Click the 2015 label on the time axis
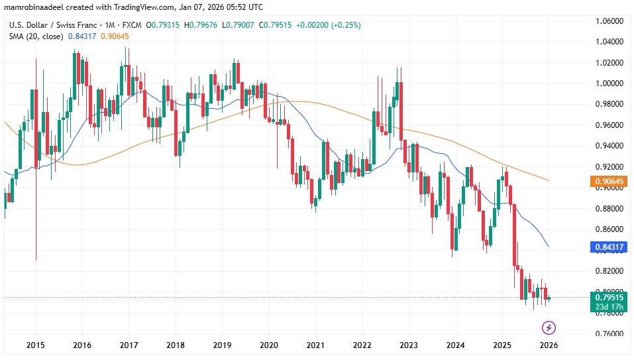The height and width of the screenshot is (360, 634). (x=36, y=345)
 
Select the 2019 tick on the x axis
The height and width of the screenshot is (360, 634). (x=222, y=345)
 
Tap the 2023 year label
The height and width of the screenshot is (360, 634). (x=409, y=345)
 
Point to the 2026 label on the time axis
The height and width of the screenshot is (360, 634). (x=547, y=345)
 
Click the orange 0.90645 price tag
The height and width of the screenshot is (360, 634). (x=608, y=180)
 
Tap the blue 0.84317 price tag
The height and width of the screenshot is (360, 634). (x=608, y=247)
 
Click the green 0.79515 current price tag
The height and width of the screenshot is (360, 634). (x=608, y=297)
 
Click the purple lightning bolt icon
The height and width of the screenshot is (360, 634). (x=549, y=327)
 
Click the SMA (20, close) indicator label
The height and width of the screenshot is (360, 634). (x=36, y=36)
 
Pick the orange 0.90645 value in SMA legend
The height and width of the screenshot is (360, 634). (x=115, y=36)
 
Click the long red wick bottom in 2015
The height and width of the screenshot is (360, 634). (x=36, y=260)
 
